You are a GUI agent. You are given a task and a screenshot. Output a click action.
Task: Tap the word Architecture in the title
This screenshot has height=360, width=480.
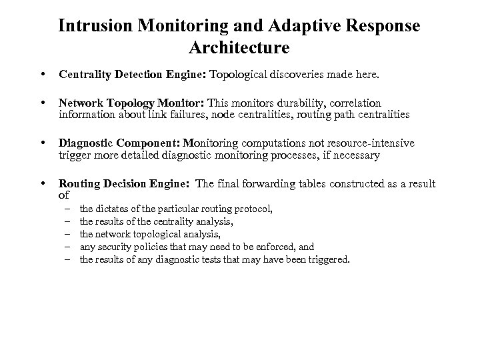point(239,48)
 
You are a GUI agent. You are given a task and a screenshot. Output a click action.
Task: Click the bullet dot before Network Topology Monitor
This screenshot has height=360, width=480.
point(43,103)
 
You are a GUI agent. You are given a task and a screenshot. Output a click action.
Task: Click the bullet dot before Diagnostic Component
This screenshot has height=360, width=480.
point(43,143)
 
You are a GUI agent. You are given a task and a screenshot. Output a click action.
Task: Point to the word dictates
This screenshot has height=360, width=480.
point(113,209)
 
